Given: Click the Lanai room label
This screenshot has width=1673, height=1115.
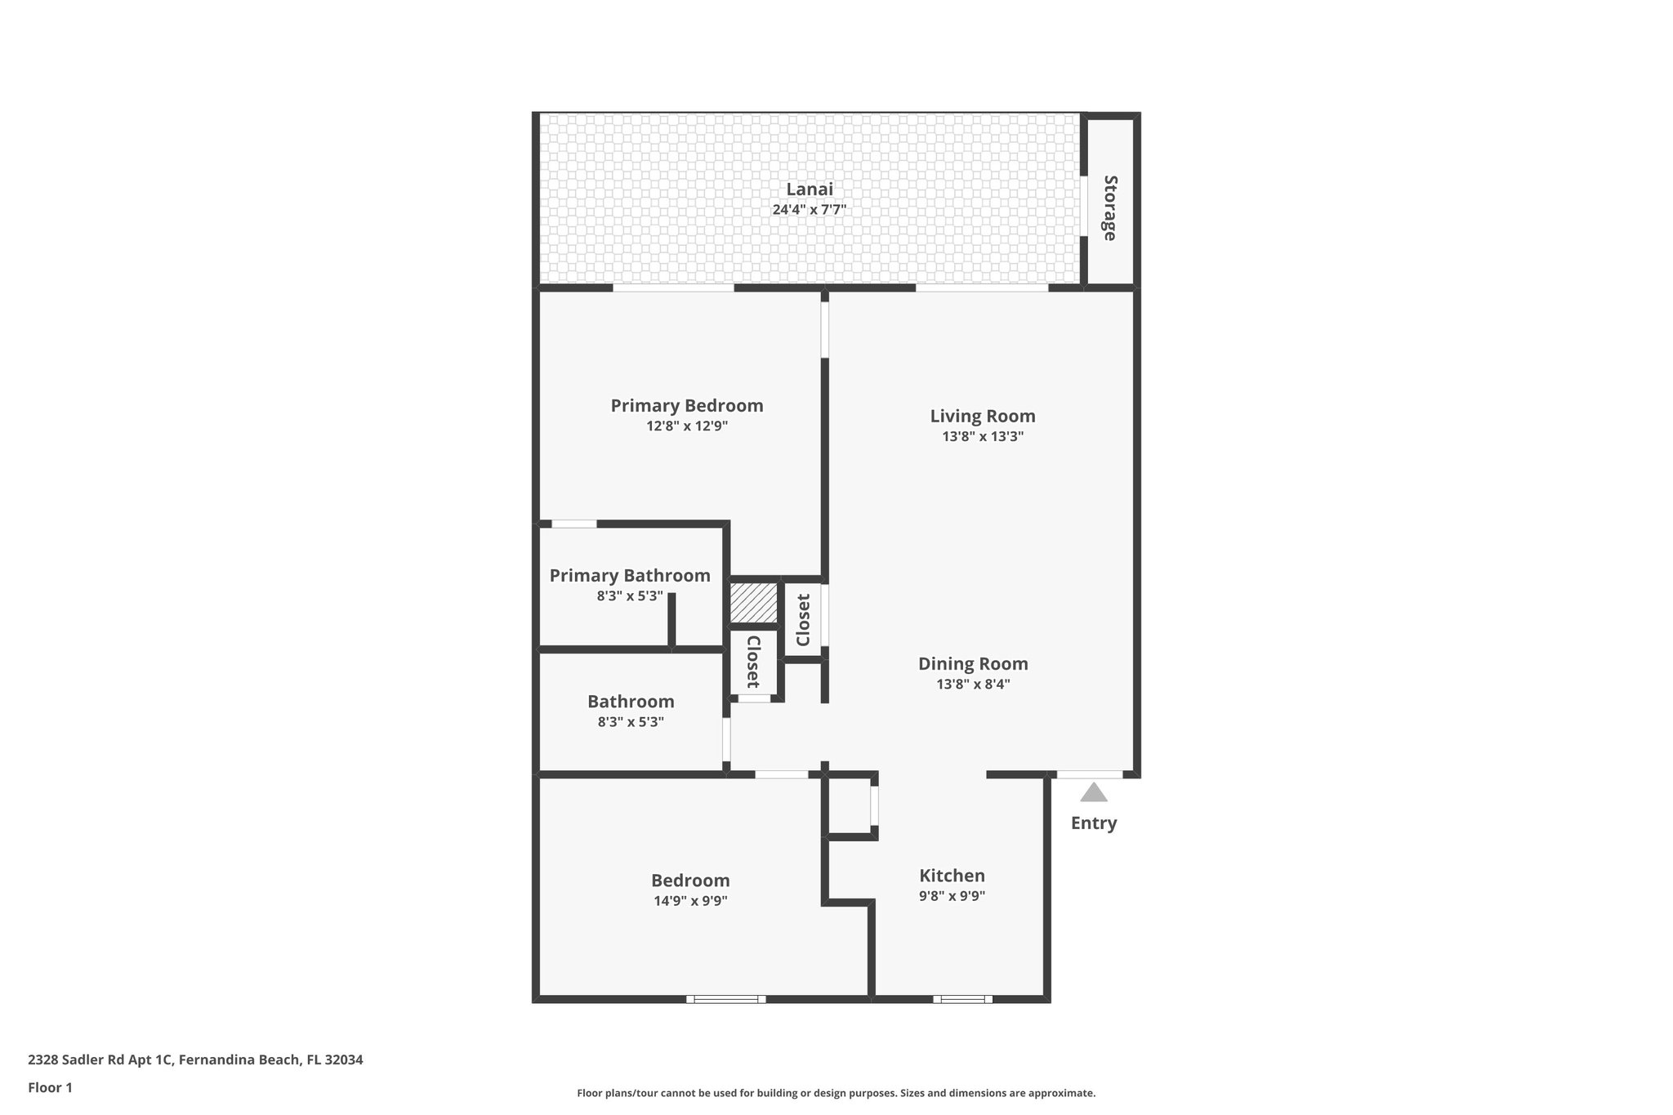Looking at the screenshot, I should [x=810, y=190].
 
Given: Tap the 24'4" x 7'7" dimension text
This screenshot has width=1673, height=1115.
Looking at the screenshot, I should [x=810, y=210].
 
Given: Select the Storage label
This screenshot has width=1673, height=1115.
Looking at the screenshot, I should [x=1110, y=207].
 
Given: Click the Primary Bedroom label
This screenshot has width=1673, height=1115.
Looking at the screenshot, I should [x=687, y=406].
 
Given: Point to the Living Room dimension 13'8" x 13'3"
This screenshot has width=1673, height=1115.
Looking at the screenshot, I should [x=983, y=437].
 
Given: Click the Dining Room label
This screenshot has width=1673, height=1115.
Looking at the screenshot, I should [x=973, y=664].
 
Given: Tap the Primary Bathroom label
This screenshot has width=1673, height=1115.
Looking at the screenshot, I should [x=630, y=576].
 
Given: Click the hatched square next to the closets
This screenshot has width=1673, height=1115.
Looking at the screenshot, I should [x=754, y=602].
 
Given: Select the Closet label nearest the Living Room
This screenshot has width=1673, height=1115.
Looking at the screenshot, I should [x=803, y=620].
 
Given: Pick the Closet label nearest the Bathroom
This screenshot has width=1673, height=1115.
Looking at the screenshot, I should [x=752, y=662].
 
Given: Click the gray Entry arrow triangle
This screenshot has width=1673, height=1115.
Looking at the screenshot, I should [x=1094, y=792].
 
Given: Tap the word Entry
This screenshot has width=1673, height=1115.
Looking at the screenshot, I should [x=1094, y=823].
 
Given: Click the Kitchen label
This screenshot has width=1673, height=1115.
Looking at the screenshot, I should [x=952, y=876].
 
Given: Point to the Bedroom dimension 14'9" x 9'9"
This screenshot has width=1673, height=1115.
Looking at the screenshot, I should [x=690, y=901].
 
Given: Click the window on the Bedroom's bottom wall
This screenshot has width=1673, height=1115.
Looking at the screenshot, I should [x=725, y=999].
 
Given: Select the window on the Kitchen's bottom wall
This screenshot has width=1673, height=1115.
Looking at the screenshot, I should [x=962, y=999].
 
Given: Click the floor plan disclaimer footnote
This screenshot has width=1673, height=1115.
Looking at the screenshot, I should [x=836, y=1093].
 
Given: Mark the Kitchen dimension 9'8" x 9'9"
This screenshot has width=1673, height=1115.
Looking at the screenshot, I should [x=952, y=896].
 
